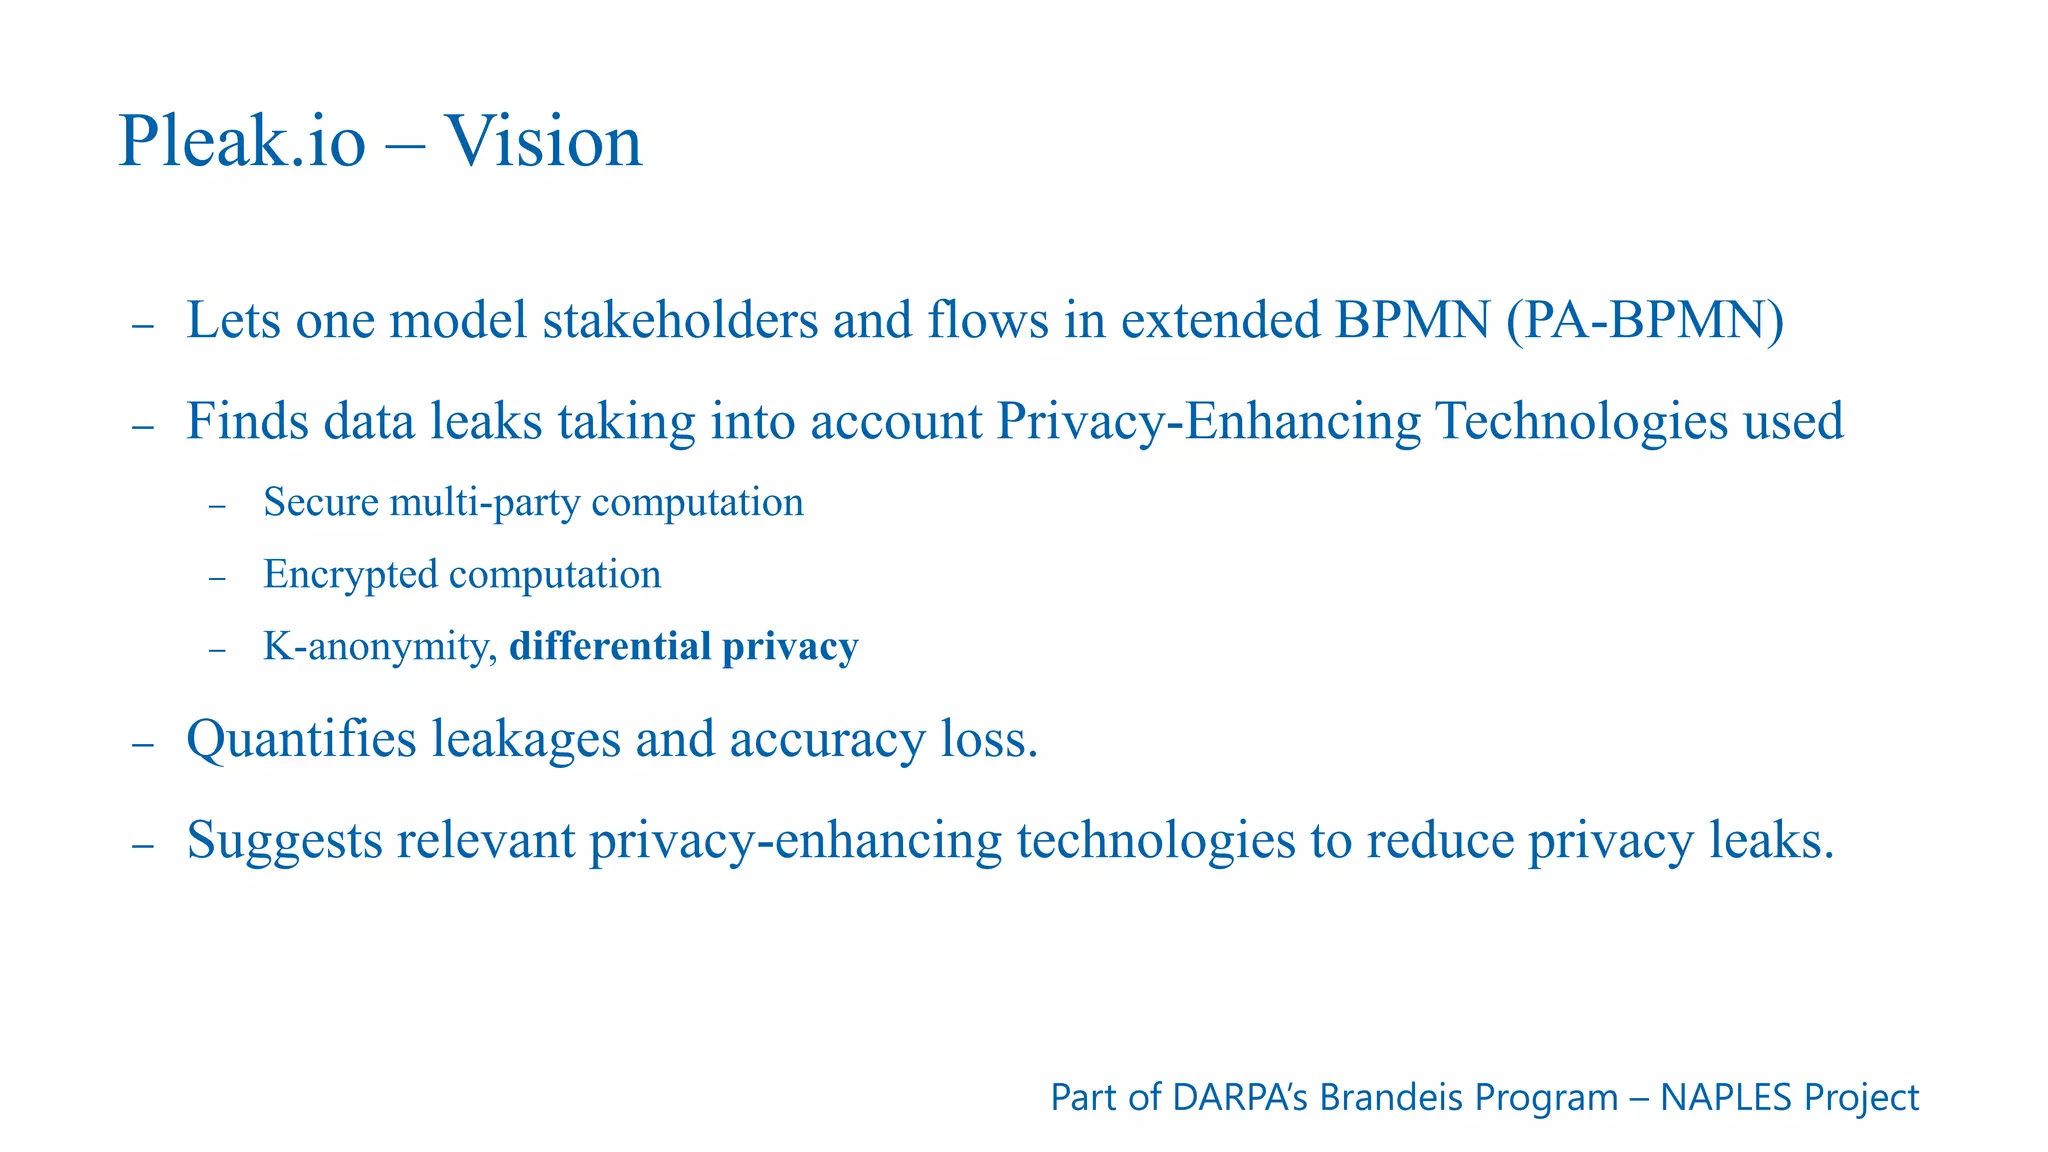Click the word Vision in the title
[543, 141]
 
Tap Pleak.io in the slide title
[242, 141]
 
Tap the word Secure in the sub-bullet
[320, 502]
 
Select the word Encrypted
[350, 575]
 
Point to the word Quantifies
[301, 740]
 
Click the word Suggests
[284, 840]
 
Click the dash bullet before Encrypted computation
[218, 579]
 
